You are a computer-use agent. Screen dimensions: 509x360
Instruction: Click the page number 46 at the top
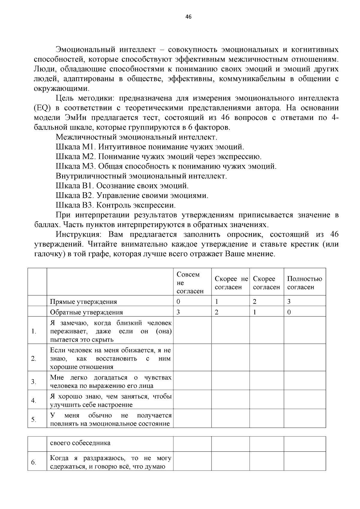(x=188, y=17)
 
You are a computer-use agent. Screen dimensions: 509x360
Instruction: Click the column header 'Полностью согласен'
(x=304, y=283)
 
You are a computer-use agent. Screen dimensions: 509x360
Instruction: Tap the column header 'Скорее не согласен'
(x=231, y=283)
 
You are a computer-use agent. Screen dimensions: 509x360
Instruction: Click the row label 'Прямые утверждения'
(x=83, y=302)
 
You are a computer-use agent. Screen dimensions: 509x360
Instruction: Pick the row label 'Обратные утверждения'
(x=86, y=312)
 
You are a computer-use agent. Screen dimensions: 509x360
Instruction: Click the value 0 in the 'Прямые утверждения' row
(x=178, y=302)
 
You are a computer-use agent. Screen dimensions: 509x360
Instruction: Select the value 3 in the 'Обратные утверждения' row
(x=178, y=312)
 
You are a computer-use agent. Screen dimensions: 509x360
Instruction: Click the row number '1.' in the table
(x=34, y=331)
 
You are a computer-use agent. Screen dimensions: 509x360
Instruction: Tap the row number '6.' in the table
(x=34, y=462)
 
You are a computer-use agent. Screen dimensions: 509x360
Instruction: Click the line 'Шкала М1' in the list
(x=150, y=147)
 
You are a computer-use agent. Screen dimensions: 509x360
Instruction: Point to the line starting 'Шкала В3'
(x=115, y=205)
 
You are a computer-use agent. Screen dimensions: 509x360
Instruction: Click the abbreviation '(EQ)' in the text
(x=42, y=108)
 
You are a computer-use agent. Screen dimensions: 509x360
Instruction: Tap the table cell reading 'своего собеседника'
(x=80, y=443)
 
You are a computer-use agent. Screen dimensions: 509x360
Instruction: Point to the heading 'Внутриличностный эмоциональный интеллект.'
(x=141, y=176)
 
